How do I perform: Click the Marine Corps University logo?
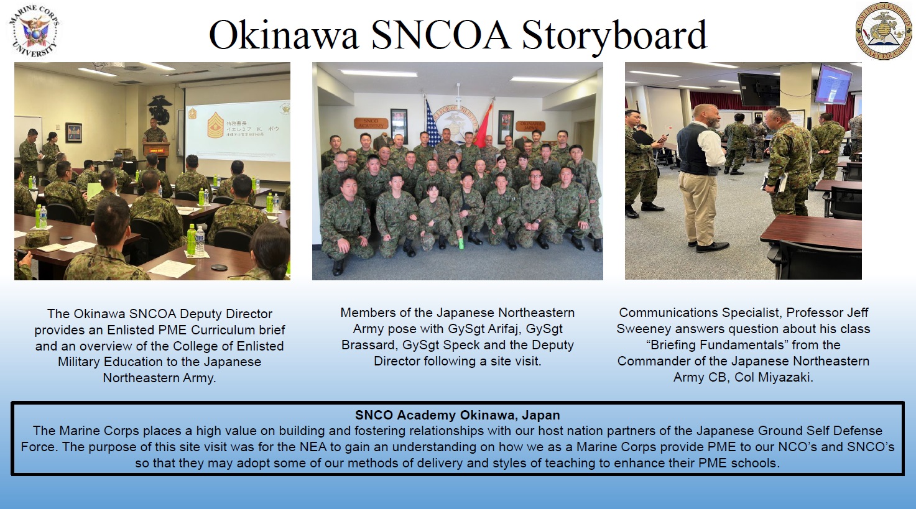pyautogui.click(x=34, y=31)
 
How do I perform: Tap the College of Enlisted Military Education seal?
pyautogui.click(x=882, y=31)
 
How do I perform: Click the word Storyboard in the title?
pyautogui.click(x=614, y=35)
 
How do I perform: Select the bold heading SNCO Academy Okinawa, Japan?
pyautogui.click(x=457, y=415)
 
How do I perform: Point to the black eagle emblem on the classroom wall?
pyautogui.click(x=160, y=109)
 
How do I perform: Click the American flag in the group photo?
pyautogui.click(x=432, y=125)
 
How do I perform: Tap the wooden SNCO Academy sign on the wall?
pyautogui.click(x=371, y=123)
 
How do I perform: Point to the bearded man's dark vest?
pyautogui.click(x=694, y=149)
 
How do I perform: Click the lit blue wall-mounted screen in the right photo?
pyautogui.click(x=833, y=83)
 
